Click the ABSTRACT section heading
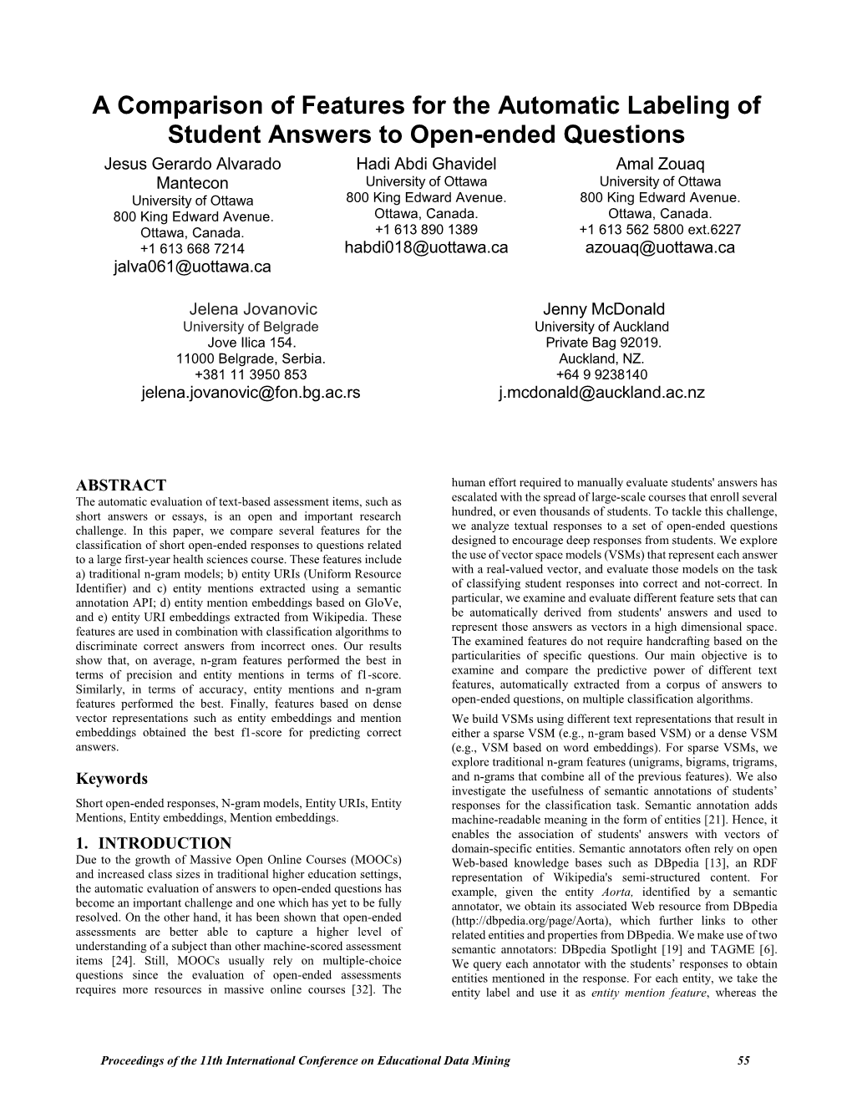(x=120, y=485)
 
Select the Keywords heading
(x=111, y=779)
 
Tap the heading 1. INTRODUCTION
(x=154, y=843)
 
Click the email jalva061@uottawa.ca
(x=192, y=267)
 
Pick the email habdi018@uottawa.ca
(x=426, y=247)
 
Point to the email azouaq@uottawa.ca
(x=660, y=247)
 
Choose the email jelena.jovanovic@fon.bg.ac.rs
(x=251, y=392)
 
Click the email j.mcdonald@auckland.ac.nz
(x=601, y=392)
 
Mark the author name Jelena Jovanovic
(x=251, y=308)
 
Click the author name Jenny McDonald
(x=601, y=308)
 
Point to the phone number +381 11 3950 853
(x=251, y=374)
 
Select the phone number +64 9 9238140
(x=601, y=374)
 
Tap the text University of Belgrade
(x=251, y=327)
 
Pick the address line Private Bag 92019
(x=601, y=343)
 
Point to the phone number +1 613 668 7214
(x=192, y=249)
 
